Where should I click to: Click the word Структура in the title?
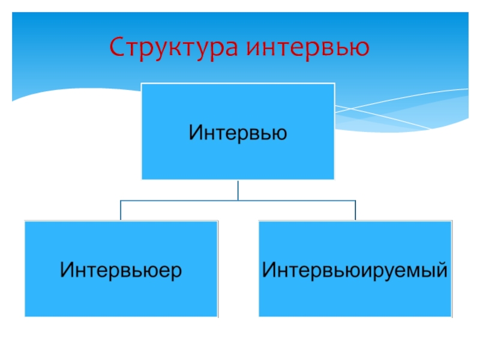coord(174,47)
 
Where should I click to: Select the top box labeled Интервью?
coord(238,131)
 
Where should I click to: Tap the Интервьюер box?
coord(121,269)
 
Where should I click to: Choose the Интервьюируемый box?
coord(355,269)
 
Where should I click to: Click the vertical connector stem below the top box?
coord(238,190)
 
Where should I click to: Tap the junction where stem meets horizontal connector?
coord(238,200)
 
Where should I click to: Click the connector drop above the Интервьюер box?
coord(121,210)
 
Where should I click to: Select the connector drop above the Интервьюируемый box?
coord(355,210)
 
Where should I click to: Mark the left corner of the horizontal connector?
coord(121,200)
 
